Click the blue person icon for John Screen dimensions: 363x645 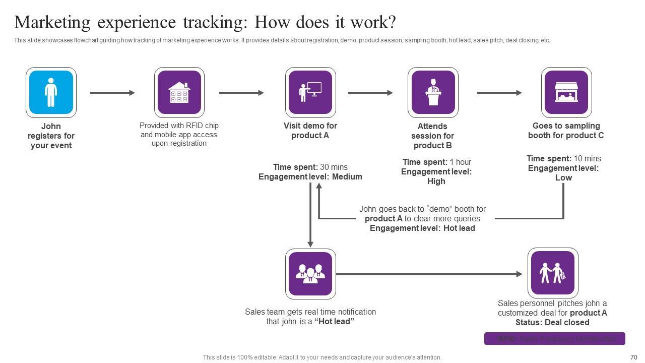tap(51, 92)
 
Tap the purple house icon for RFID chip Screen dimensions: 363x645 tap(179, 92)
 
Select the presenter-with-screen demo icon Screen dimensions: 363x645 tap(310, 92)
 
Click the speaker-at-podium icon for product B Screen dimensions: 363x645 tap(433, 92)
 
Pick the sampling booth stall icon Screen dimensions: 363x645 tap(566, 92)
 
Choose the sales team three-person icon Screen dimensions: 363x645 tap(310, 274)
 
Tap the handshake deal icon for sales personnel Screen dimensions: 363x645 tap(552, 273)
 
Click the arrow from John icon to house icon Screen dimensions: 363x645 tap(112, 93)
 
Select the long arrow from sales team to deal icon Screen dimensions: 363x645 tap(428, 274)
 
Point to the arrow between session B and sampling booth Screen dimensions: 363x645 tap(499, 93)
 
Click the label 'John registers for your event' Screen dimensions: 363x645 tap(51, 136)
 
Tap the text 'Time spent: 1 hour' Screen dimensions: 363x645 tap(436, 162)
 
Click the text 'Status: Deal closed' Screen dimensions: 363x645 tap(552, 322)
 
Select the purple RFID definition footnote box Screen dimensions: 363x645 tap(554, 339)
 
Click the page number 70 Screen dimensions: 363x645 tap(634, 357)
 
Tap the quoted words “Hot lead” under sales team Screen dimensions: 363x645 tap(334, 321)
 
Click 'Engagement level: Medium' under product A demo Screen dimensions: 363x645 tap(310, 176)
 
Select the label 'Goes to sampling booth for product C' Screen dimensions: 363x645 tap(566, 131)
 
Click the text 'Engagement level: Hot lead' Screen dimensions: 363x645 tap(422, 228)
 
